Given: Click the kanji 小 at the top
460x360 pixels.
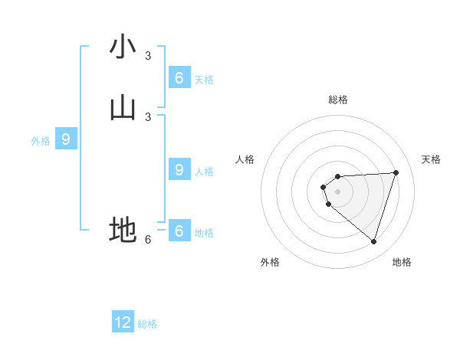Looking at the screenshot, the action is (x=123, y=47).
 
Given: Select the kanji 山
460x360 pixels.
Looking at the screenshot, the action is (x=123, y=110).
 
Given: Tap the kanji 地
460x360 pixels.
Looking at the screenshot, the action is (x=123, y=230).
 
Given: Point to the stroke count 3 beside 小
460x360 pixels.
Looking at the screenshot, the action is (x=148, y=55).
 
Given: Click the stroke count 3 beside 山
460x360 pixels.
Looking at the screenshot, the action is (x=148, y=116).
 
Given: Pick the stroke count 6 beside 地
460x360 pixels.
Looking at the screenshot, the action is (x=148, y=239).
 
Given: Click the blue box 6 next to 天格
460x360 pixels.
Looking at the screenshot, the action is (x=179, y=77).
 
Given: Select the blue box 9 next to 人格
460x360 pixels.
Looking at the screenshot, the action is (x=179, y=169).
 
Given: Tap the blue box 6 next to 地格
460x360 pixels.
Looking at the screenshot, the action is (x=179, y=230).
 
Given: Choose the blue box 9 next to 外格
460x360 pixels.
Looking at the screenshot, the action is (x=67, y=139).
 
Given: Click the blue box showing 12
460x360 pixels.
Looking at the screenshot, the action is (x=123, y=322).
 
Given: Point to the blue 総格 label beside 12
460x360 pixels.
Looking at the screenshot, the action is (x=147, y=324).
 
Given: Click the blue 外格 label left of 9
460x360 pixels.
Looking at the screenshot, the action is (x=41, y=141).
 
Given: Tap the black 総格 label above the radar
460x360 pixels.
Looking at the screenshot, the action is (x=338, y=100).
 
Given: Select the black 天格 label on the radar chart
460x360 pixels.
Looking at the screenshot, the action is (x=431, y=159).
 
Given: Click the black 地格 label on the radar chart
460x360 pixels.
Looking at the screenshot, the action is (x=402, y=262).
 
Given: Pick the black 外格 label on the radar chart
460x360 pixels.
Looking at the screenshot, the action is (x=270, y=262).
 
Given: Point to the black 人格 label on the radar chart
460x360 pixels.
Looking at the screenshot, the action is (x=245, y=159).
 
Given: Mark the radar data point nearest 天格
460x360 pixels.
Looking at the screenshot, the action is (x=396, y=172).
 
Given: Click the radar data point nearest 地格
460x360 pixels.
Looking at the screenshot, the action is (x=373, y=242).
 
